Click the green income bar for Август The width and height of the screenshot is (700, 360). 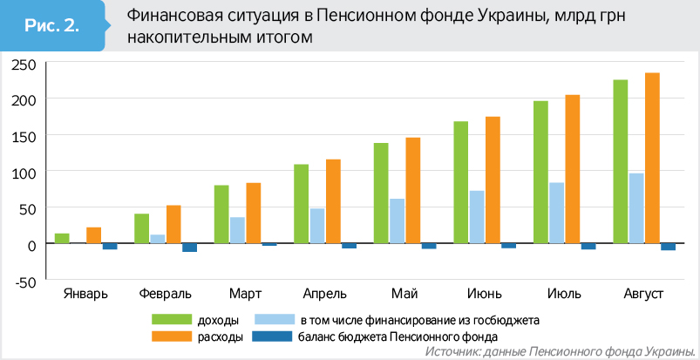coord(620,161)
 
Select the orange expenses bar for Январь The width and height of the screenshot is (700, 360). coord(93,234)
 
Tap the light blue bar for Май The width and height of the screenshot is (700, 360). coord(397,221)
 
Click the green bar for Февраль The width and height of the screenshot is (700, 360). coord(141,228)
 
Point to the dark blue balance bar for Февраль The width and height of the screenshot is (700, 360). coord(189,248)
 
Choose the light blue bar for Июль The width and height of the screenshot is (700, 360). coord(556,213)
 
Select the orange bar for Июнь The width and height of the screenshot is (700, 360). coord(493,180)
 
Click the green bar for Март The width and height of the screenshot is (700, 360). coord(221,214)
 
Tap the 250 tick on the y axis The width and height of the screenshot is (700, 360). coord(24,64)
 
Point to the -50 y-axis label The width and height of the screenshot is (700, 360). coord(24,282)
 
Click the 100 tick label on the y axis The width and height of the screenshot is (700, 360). coord(24,173)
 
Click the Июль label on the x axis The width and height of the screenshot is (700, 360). coord(563,293)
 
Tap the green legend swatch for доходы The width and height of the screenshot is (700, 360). coord(171,320)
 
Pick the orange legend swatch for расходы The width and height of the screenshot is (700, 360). coord(171,336)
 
